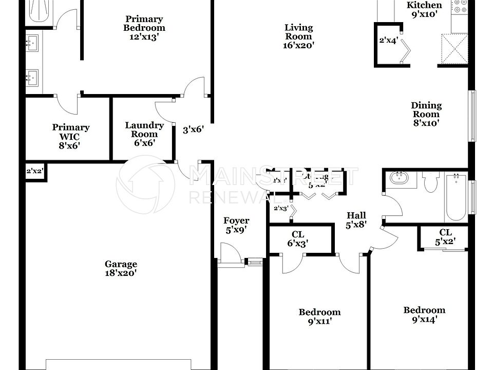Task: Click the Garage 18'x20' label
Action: (x=121, y=269)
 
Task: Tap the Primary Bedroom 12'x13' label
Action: (x=144, y=24)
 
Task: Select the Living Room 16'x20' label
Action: (x=298, y=36)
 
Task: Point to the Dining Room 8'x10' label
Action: (x=426, y=114)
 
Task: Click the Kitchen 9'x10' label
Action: (x=424, y=9)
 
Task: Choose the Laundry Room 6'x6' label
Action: (x=144, y=134)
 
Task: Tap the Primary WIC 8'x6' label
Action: (x=70, y=136)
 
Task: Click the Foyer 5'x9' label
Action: (x=236, y=226)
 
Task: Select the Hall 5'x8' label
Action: (x=356, y=219)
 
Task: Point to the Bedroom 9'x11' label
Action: (x=319, y=317)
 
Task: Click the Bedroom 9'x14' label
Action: (x=424, y=314)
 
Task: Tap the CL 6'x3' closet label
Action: (x=297, y=239)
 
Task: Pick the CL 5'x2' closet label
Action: (x=445, y=236)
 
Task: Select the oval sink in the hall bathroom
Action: (x=398, y=179)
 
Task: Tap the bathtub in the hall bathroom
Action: (x=455, y=197)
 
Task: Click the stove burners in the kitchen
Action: (x=460, y=6)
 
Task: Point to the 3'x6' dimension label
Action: (x=194, y=130)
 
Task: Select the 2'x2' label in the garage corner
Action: (x=35, y=172)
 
